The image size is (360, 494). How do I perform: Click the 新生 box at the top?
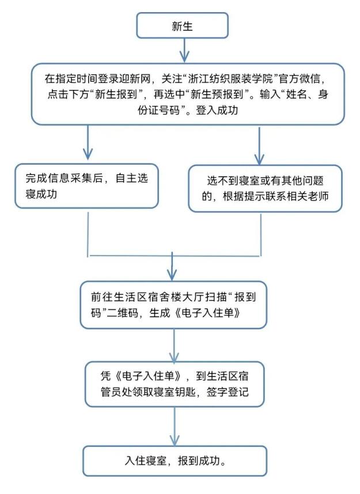(x=182, y=26)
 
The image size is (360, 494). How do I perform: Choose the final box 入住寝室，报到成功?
(x=175, y=461)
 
